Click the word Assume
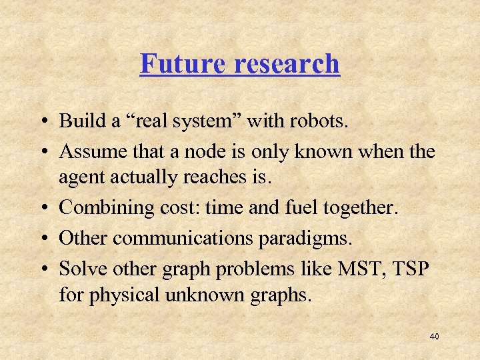tap(91, 151)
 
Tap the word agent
tap(79, 178)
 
